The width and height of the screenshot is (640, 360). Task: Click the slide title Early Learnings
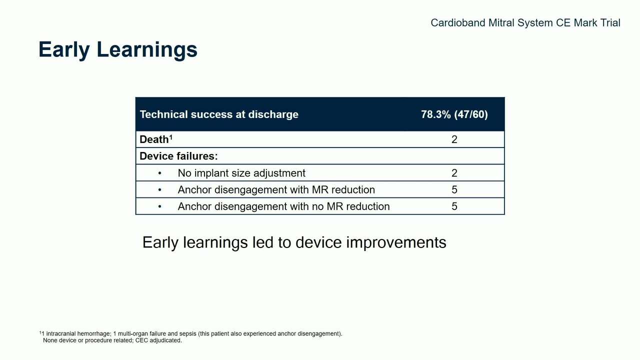pyautogui.click(x=117, y=49)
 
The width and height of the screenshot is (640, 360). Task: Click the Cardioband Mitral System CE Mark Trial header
pyautogui.click(x=525, y=23)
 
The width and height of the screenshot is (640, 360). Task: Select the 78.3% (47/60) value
pyautogui.click(x=454, y=114)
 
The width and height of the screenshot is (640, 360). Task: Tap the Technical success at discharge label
pyautogui.click(x=219, y=114)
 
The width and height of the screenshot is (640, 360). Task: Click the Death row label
pyautogui.click(x=154, y=139)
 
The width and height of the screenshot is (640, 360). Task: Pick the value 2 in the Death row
pyautogui.click(x=454, y=139)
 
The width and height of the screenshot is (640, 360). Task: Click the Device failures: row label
pyautogui.click(x=178, y=156)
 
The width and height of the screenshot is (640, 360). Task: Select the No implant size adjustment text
pyautogui.click(x=241, y=173)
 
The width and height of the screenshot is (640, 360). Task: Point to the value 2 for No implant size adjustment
pyautogui.click(x=454, y=173)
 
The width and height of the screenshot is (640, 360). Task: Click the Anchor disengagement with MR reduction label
pyautogui.click(x=276, y=189)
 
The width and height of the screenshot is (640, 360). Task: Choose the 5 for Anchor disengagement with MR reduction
pyautogui.click(x=454, y=189)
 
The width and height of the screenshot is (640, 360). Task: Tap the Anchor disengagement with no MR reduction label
pyautogui.click(x=283, y=206)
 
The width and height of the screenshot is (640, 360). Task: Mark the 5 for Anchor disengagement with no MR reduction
pyautogui.click(x=454, y=206)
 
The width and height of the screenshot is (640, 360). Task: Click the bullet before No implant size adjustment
pyautogui.click(x=159, y=173)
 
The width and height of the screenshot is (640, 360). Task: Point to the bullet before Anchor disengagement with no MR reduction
pyautogui.click(x=159, y=206)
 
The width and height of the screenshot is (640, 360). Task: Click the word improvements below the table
pyautogui.click(x=396, y=242)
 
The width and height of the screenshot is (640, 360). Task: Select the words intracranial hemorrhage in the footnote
pyautogui.click(x=78, y=333)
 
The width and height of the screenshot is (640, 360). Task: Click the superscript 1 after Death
pyautogui.click(x=171, y=136)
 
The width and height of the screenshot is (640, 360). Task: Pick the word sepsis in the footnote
pyautogui.click(x=188, y=334)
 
